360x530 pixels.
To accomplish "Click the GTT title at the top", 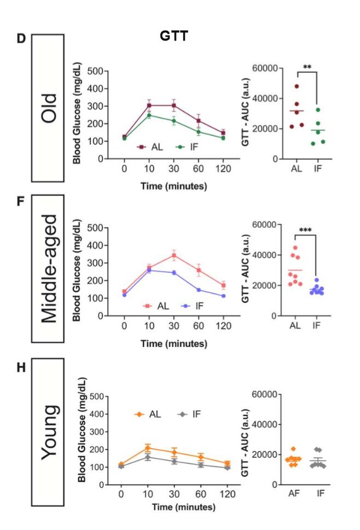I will pos(174,36).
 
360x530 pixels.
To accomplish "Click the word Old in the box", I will pos(48,107).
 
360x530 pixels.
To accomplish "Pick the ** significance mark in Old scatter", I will pos(307,67).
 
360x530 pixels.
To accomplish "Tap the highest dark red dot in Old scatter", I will pos(297,87).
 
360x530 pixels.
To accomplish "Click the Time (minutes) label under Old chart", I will pos(173,186).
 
